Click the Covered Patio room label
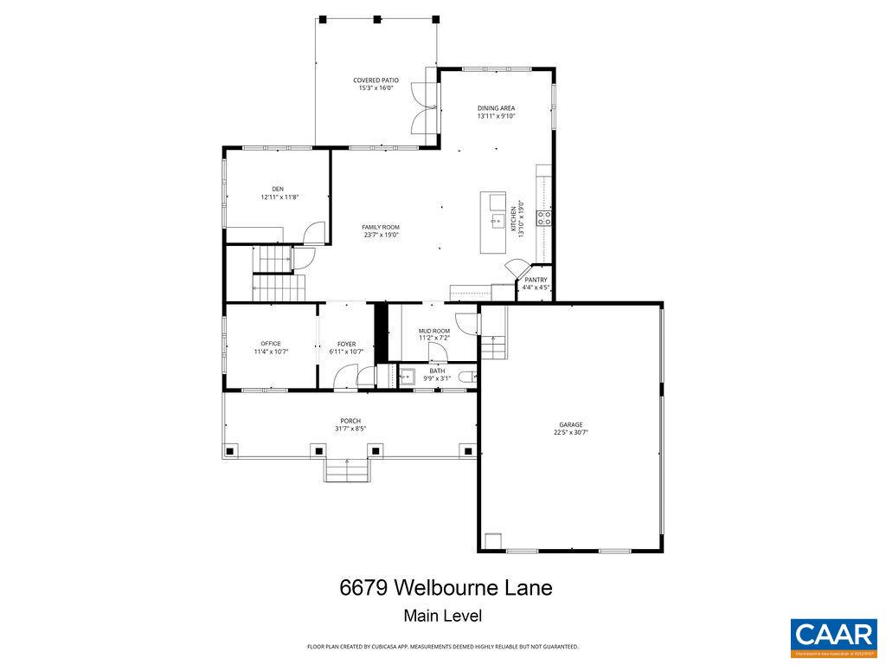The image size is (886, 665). (x=376, y=80)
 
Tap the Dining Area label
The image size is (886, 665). (x=496, y=108)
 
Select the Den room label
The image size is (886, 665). (x=278, y=189)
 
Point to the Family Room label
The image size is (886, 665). (x=381, y=227)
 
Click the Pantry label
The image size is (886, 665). (x=536, y=280)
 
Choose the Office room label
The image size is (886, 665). (x=271, y=344)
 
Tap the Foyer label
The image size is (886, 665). (x=346, y=344)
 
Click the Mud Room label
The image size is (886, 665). (x=434, y=331)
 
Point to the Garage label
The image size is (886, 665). (x=570, y=424)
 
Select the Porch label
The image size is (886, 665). (x=350, y=421)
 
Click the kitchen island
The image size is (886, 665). (x=494, y=223)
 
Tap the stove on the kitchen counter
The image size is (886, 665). (x=544, y=217)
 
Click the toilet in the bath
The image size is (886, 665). (x=468, y=377)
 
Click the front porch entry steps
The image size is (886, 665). (x=347, y=470)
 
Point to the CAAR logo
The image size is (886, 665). (x=833, y=636)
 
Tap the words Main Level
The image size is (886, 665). (x=442, y=617)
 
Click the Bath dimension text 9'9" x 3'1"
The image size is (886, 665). (x=437, y=378)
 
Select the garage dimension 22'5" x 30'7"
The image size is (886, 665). (x=570, y=433)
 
